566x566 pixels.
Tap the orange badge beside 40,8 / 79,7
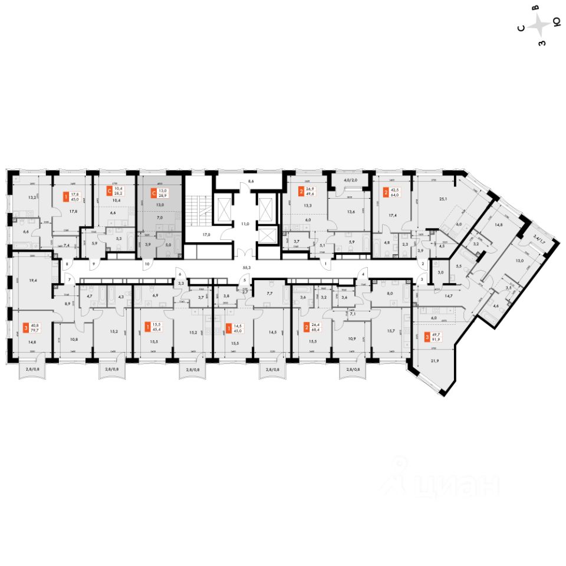coord(25,327)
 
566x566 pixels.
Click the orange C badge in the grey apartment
coord(154,192)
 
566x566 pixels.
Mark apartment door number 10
coord(147,264)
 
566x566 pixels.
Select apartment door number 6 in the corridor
coord(180,275)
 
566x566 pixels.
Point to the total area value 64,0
coord(394,195)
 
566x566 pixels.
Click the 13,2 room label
coord(24,198)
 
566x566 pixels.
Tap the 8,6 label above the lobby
coord(251,182)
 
